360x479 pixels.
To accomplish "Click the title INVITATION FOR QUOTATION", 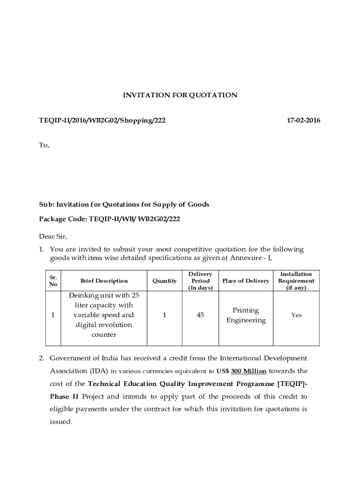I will [x=180, y=95].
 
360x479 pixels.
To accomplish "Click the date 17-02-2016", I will [x=303, y=121].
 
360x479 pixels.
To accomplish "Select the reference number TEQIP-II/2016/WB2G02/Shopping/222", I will [x=102, y=121].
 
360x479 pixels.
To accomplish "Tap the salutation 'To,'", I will [x=43, y=145].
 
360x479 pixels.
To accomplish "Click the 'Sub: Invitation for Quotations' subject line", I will [x=124, y=204].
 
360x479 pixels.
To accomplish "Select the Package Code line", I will [x=109, y=219].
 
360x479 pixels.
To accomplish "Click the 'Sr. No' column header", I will [x=53, y=281].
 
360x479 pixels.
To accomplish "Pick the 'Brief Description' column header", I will [x=104, y=281].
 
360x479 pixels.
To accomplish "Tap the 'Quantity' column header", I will [x=165, y=281].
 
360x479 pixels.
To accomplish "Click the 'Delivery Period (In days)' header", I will [x=200, y=281].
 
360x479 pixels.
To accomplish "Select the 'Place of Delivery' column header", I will [x=245, y=281].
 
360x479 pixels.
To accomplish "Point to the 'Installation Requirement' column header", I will [x=296, y=281].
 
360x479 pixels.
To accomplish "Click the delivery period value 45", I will [x=200, y=315].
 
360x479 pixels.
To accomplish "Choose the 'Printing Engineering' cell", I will [x=245, y=315].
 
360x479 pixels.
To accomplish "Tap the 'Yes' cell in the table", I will [x=296, y=315].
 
